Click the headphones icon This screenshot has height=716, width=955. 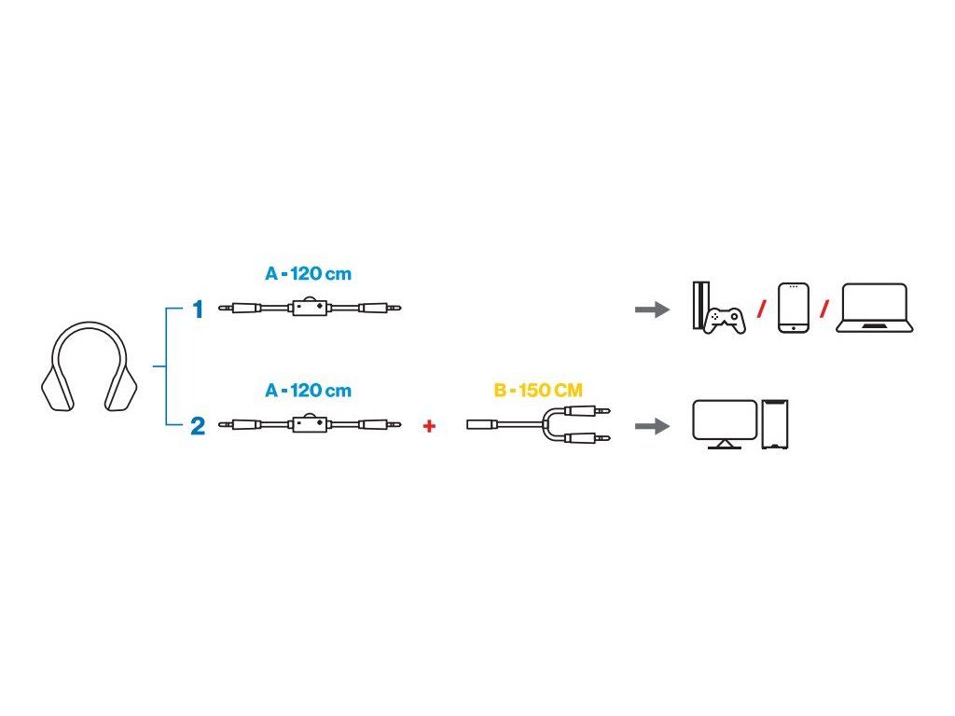click(89, 367)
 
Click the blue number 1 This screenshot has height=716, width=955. click(198, 310)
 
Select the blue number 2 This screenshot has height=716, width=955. click(198, 427)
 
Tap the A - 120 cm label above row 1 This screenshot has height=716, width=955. click(309, 275)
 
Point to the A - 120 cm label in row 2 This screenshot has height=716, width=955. click(309, 391)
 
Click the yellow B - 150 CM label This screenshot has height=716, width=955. click(538, 391)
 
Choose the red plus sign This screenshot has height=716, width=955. click(429, 427)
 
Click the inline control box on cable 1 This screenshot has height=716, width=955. click(309, 307)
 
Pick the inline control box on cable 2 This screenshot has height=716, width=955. click(309, 425)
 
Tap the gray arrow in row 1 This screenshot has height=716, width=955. click(652, 310)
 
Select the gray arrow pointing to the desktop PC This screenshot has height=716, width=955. click(652, 427)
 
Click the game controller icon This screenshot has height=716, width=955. click(724, 322)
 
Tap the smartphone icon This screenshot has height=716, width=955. click(793, 308)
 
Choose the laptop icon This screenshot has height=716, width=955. click(874, 308)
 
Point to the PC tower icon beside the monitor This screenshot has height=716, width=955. click(776, 424)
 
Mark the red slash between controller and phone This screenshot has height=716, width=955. click(761, 310)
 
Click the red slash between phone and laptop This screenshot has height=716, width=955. click(824, 310)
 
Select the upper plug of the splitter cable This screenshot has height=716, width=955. click(594, 412)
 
